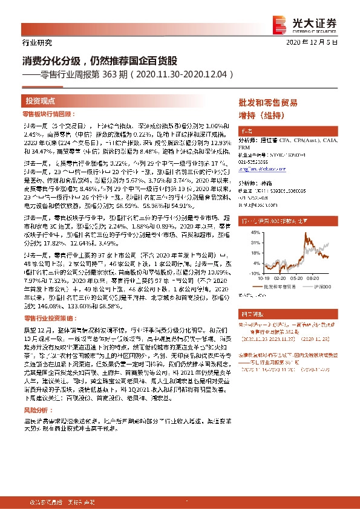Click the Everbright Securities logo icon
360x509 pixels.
coord(280,22)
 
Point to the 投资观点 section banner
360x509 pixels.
coord(41,101)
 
